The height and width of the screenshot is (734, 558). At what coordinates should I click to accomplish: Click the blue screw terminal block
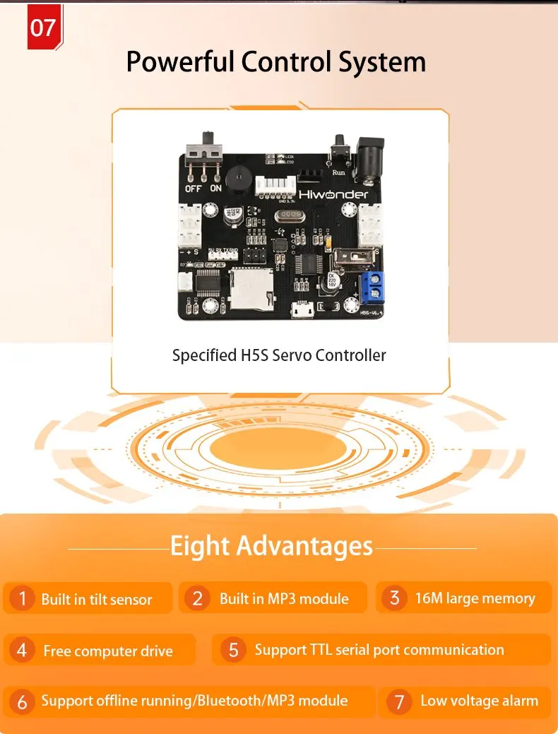tap(374, 287)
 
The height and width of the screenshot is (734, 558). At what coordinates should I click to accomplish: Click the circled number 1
tap(22, 599)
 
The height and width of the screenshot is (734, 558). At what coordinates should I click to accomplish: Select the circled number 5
tap(233, 650)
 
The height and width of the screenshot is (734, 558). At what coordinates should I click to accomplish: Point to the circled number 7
tap(399, 702)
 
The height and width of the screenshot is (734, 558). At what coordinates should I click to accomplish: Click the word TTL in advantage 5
tap(326, 650)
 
